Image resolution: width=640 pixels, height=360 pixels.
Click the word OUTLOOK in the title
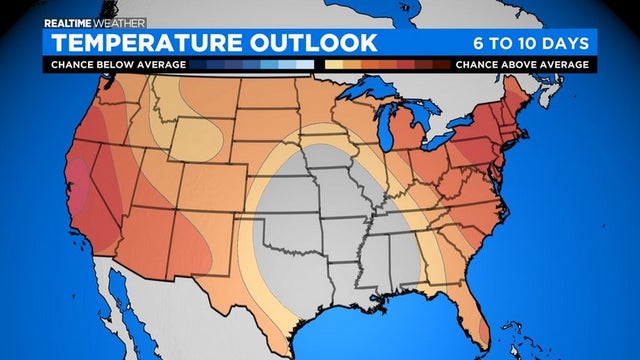click(314, 43)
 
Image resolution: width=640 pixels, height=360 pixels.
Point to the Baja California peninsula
click(120, 300)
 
